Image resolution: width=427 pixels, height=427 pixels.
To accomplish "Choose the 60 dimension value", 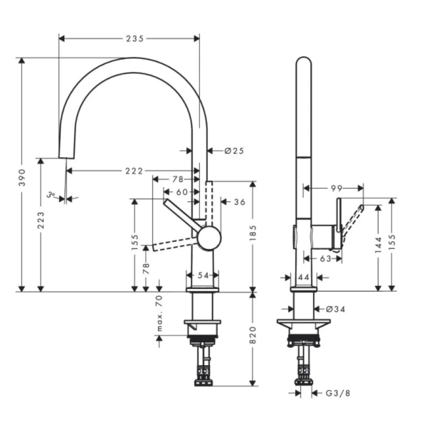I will pyautogui.click(x=182, y=191).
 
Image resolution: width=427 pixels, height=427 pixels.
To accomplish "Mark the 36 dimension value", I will pyautogui.click(x=239, y=202).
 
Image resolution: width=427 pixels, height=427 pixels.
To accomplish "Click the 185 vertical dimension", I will pyautogui.click(x=254, y=231).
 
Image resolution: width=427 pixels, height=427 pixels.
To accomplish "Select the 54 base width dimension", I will pyautogui.click(x=202, y=275).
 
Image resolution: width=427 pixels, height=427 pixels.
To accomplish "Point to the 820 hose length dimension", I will pyautogui.click(x=254, y=340).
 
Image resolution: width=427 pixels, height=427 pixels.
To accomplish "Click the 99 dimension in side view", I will pyautogui.click(x=337, y=189).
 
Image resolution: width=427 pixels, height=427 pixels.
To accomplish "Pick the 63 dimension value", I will pyautogui.click(x=325, y=258).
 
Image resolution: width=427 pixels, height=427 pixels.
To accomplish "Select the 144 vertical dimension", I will pyautogui.click(x=378, y=244).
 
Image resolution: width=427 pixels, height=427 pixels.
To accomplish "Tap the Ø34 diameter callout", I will pyautogui.click(x=335, y=309).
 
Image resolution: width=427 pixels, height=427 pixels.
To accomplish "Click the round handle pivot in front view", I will pyautogui.click(x=209, y=238).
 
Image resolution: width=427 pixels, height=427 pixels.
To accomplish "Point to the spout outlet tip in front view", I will pyautogui.click(x=65, y=157).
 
